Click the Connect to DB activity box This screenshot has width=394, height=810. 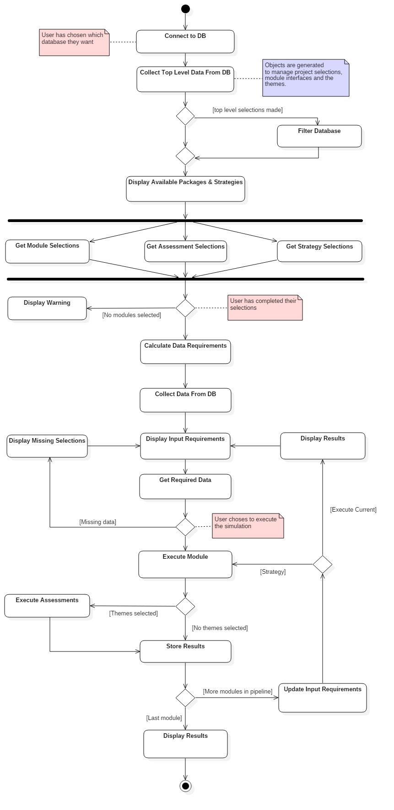(x=185, y=42)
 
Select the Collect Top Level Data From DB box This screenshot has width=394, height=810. (x=185, y=79)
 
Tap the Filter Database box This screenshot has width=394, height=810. (x=319, y=136)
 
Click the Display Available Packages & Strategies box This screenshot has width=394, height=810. (x=185, y=189)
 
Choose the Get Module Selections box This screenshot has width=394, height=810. (x=47, y=252)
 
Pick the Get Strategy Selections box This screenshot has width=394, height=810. (x=319, y=251)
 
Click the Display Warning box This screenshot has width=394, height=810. (x=47, y=308)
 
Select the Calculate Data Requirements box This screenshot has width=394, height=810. (x=185, y=352)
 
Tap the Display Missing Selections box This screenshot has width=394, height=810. (x=47, y=445)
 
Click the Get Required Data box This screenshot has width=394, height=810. (x=185, y=486)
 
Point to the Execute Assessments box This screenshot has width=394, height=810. (x=47, y=606)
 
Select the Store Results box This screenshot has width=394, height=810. (x=185, y=651)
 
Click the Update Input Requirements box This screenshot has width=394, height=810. (x=323, y=698)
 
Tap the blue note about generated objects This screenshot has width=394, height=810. (x=305, y=78)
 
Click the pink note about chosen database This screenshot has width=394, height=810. (x=74, y=42)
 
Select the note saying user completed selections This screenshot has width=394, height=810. (x=265, y=307)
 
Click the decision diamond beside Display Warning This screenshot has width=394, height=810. (x=185, y=308)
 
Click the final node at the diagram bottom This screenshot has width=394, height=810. (x=188, y=789)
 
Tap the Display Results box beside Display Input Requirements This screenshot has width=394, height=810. (x=323, y=445)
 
